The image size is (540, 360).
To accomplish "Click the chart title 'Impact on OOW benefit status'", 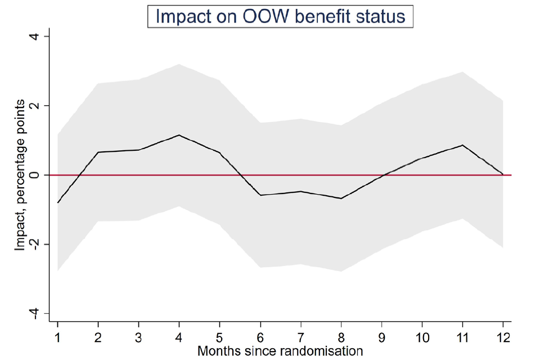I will pos(280,16).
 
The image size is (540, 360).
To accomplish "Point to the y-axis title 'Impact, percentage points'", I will pos(20,174).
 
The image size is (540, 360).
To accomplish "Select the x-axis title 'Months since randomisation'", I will pos(280,351).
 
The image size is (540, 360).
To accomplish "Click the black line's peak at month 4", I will pos(179,135).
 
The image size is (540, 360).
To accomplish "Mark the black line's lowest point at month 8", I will pos(341,199).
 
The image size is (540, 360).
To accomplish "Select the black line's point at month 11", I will pos(462,145).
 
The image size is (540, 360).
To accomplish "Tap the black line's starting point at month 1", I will pos(57,202).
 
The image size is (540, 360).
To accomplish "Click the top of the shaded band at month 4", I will pos(179,64).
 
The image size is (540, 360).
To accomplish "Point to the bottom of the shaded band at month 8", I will pos(341,271).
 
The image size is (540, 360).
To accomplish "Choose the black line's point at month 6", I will pos(260,195).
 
